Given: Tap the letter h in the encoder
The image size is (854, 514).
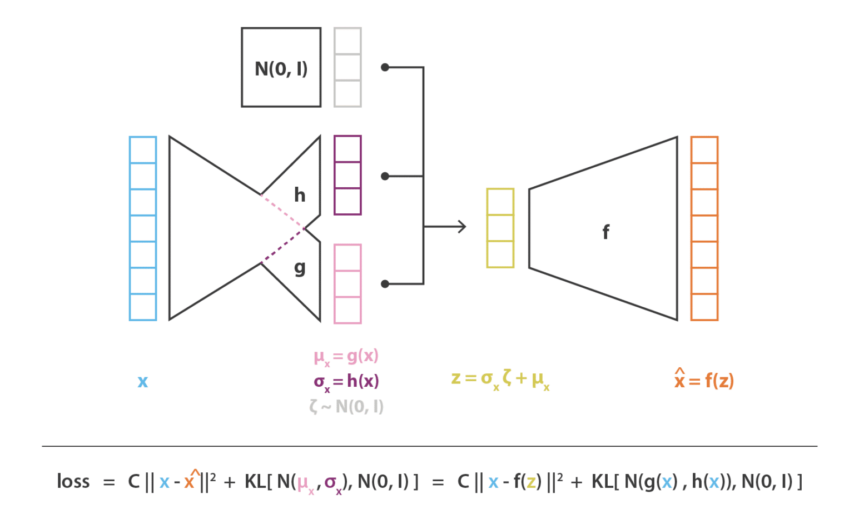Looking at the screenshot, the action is click(x=300, y=194).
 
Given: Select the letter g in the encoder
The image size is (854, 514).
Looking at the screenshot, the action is click(x=300, y=268).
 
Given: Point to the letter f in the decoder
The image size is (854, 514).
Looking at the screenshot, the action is click(x=606, y=232).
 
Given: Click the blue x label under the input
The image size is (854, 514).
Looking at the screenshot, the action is click(x=142, y=381).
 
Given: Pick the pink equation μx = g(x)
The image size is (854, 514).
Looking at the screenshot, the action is click(x=346, y=357).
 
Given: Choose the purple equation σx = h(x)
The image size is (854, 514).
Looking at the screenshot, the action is click(x=346, y=382).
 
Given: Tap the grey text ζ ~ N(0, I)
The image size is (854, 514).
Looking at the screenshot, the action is click(x=346, y=407).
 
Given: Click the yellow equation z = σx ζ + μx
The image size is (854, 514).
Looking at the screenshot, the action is click(x=500, y=380).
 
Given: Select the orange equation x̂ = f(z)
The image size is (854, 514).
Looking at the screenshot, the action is click(x=704, y=380).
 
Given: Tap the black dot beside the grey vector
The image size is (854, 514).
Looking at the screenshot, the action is click(x=385, y=67).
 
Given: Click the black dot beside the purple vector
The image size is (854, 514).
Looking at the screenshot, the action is click(x=385, y=176).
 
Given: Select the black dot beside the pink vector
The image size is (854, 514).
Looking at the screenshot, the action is click(x=385, y=284).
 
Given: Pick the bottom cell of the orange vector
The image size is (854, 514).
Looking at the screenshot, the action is click(x=704, y=307).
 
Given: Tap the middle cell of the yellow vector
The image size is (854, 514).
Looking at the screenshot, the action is click(x=500, y=228).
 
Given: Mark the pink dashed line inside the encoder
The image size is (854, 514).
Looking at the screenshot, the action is click(x=282, y=212).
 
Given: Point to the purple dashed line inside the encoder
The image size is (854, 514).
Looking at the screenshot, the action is click(x=282, y=246).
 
